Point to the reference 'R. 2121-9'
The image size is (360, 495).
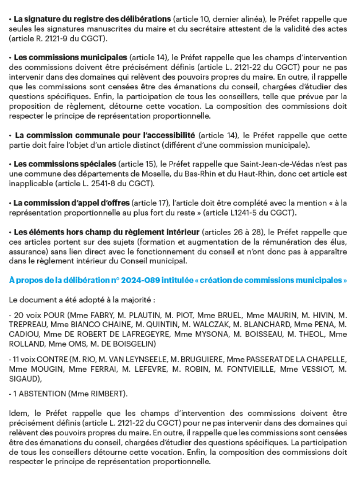point(43,39)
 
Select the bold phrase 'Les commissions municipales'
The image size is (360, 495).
point(70,57)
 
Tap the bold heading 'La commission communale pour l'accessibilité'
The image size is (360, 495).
point(105,136)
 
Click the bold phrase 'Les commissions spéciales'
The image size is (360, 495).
point(65,164)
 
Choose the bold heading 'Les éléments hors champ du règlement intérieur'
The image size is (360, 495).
point(106,232)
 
